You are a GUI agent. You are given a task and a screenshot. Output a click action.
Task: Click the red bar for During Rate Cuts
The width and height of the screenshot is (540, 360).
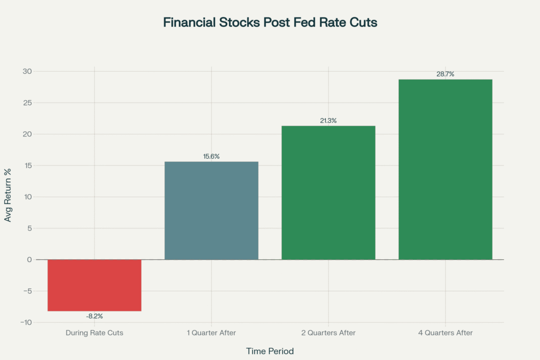tap(94, 285)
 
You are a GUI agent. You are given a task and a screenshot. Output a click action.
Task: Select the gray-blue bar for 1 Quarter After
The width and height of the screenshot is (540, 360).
tap(211, 210)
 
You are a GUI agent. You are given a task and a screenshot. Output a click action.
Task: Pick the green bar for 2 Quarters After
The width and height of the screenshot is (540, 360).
tap(328, 192)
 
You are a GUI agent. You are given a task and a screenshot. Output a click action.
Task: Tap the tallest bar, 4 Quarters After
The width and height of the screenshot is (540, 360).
tap(445, 169)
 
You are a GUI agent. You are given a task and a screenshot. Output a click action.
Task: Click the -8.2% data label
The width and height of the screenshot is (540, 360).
tap(94, 316)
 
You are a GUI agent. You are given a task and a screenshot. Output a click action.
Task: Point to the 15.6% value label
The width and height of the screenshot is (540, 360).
tap(211, 157)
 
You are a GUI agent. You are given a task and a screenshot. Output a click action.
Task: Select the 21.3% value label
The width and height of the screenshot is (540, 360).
tap(328, 121)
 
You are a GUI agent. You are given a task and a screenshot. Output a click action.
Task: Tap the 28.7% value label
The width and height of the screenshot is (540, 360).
tap(445, 74)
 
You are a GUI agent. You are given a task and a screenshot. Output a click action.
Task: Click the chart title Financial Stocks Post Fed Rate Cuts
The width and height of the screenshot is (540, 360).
tap(270, 23)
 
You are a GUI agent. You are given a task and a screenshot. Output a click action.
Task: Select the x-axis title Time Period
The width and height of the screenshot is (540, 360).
tap(270, 351)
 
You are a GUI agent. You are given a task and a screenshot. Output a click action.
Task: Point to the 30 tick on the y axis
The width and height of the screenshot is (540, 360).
tap(27, 72)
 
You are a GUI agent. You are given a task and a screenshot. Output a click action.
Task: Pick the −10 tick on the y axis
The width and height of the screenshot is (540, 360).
tap(25, 323)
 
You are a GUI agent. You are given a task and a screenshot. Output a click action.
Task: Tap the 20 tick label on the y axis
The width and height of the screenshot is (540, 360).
tap(27, 134)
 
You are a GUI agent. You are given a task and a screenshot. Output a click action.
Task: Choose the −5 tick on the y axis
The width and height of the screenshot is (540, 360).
tap(26, 291)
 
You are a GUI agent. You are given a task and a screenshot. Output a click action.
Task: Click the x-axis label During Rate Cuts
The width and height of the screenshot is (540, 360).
tap(94, 333)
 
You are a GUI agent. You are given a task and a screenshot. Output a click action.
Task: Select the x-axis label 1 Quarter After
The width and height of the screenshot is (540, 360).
tap(211, 333)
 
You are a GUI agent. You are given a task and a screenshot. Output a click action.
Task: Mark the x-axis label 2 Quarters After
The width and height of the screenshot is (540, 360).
tap(328, 333)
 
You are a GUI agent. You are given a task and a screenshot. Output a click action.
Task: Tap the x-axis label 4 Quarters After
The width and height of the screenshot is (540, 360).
tap(445, 333)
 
